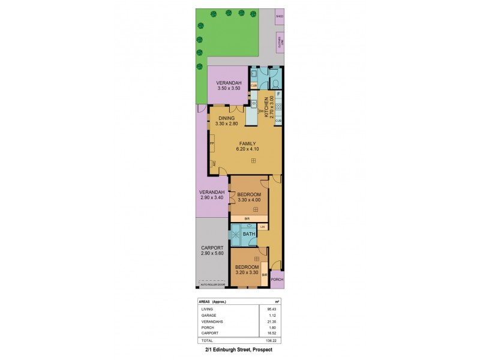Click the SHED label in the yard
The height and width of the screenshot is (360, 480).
[279, 16]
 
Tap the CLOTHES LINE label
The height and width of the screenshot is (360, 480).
[279, 43]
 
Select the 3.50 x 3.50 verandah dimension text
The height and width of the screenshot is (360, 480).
[229, 89]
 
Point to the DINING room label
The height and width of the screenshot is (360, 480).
[226, 118]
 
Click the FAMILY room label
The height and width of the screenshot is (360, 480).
[247, 143]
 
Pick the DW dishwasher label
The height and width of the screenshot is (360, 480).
[260, 112]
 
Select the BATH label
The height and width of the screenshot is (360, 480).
[248, 234]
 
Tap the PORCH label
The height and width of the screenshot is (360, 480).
[277, 280]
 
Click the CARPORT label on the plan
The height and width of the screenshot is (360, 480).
[212, 248]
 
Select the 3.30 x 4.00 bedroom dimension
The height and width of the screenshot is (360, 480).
[249, 200]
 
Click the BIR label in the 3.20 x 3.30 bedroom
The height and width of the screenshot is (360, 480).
[265, 274]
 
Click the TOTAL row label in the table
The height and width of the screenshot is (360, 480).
[207, 339]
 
